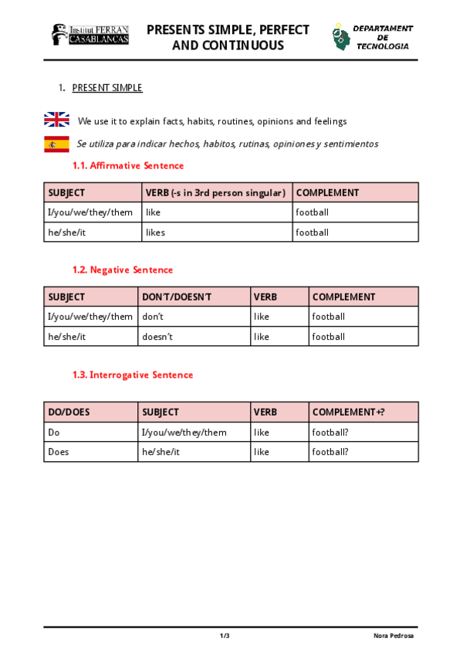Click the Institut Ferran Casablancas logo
pyautogui.click(x=90, y=34)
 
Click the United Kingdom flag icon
pyautogui.click(x=56, y=120)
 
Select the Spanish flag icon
pyautogui.click(x=56, y=144)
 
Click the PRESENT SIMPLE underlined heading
pyautogui.click(x=107, y=88)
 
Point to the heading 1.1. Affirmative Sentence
pyautogui.click(x=128, y=165)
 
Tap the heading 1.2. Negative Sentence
pyautogui.click(x=123, y=270)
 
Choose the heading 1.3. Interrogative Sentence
pyautogui.click(x=133, y=375)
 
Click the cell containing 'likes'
pyautogui.click(x=155, y=232)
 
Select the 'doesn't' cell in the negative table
pyautogui.click(x=157, y=337)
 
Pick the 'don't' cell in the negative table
pyautogui.click(x=153, y=317)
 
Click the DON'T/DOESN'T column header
pyautogui.click(x=176, y=297)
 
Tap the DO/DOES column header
pyautogui.click(x=69, y=412)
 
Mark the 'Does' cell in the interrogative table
pyautogui.click(x=59, y=452)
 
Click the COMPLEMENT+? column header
pyautogui.click(x=348, y=412)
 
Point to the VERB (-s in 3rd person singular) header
pyautogui.click(x=215, y=192)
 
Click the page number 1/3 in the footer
pyautogui.click(x=225, y=636)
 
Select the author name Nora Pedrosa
pyautogui.click(x=393, y=636)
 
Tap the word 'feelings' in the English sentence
pyautogui.click(x=330, y=121)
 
